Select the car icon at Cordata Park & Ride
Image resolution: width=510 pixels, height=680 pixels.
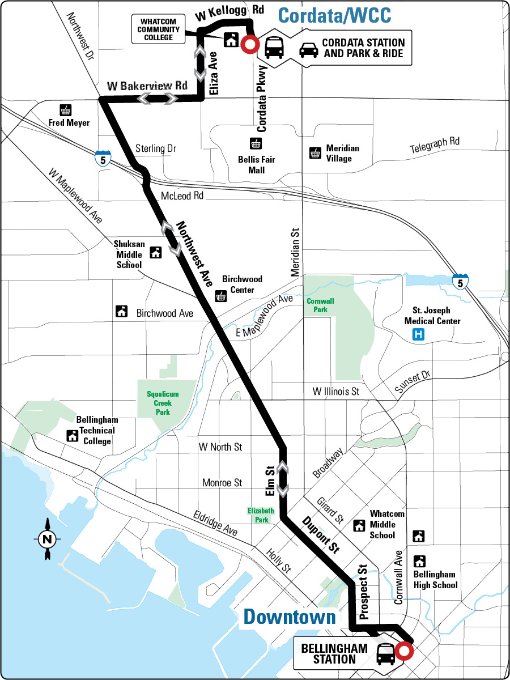coord(308,49)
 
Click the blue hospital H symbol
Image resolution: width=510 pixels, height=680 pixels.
coord(418,335)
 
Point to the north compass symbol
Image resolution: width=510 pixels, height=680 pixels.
coord(47,539)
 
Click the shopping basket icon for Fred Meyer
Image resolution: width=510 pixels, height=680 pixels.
coord(66,110)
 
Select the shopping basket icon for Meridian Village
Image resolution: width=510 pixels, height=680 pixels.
coord(315,153)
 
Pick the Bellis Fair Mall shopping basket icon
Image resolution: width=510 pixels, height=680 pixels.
coord(256,143)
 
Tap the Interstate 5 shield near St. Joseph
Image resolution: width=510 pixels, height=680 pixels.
coord(460,282)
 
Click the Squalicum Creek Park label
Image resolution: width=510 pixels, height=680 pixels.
coord(163,402)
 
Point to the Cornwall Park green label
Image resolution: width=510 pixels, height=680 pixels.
coord(317,305)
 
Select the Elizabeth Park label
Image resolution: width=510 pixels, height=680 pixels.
coord(261,515)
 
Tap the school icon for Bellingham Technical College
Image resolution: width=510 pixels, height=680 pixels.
coord(73,436)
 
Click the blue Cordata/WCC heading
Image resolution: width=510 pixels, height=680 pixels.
coord(335,15)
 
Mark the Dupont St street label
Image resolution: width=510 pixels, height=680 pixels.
coord(320,534)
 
